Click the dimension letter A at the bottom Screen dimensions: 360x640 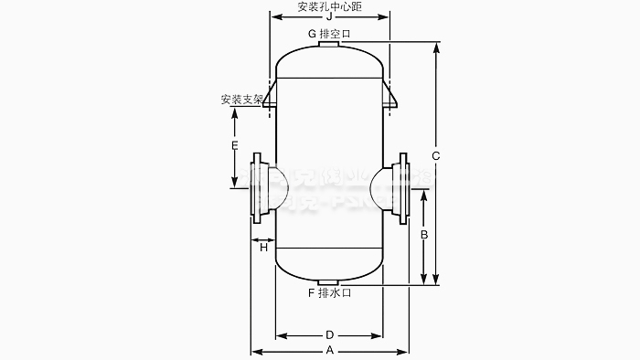(329, 351)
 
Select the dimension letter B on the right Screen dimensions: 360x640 (423, 235)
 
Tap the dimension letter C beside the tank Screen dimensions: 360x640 (436, 156)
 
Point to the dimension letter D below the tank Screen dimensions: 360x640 (329, 334)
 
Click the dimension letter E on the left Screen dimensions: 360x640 (235, 146)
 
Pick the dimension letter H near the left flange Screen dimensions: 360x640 (263, 247)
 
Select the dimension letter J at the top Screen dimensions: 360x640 (329, 16)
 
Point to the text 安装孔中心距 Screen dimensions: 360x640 (329, 5)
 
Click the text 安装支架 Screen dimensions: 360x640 (242, 99)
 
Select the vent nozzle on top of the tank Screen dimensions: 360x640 (329, 44)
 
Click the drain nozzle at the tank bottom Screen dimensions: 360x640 (329, 281)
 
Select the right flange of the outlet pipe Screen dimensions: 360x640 (402, 187)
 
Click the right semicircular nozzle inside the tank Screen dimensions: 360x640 (381, 186)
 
